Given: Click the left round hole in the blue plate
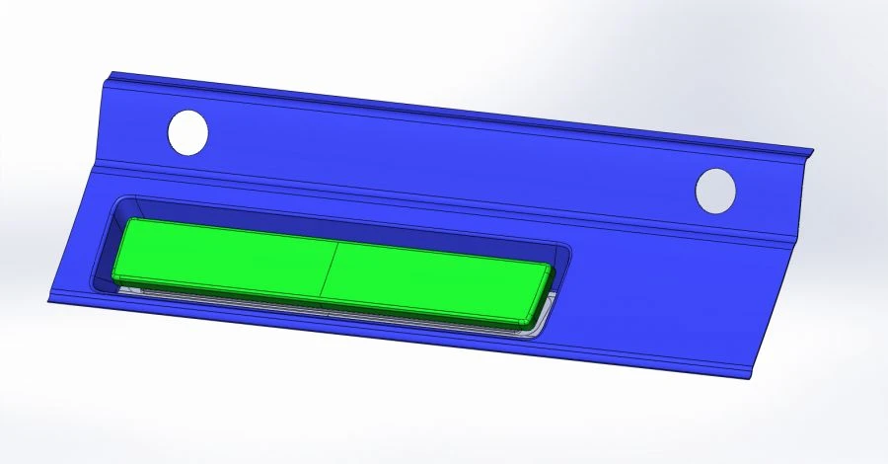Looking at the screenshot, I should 188,132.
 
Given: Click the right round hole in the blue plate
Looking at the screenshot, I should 716,190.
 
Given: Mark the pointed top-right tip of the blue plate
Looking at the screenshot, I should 812,151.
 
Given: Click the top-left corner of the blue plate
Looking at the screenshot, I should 111,72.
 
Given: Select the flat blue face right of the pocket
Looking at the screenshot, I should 671,296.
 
